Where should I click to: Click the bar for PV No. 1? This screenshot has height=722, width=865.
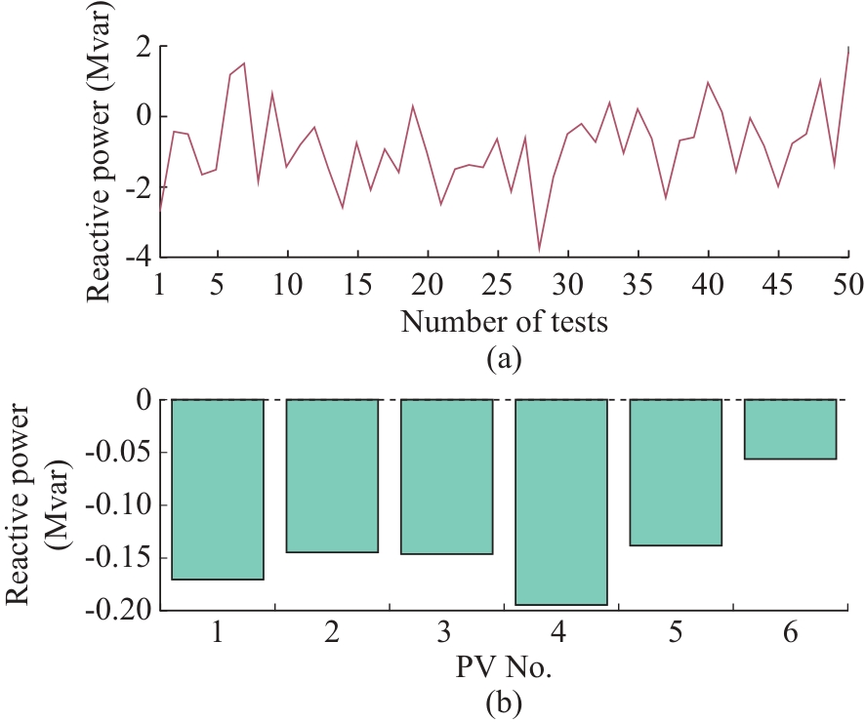tap(218, 489)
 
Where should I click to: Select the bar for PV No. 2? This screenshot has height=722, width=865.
tap(332, 475)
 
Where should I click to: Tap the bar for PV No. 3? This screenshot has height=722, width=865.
tap(446, 476)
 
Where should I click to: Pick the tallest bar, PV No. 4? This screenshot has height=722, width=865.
tap(561, 501)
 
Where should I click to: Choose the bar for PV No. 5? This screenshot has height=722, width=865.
tap(676, 472)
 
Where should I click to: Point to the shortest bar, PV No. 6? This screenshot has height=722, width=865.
tap(791, 429)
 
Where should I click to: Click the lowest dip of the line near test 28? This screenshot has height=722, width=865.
tap(539, 250)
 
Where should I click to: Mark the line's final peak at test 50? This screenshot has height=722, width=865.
tap(847, 48)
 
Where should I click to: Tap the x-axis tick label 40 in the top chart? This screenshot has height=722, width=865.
tap(709, 284)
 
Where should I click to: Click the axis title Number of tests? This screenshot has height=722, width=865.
tap(504, 321)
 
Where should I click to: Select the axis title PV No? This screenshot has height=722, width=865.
tap(504, 670)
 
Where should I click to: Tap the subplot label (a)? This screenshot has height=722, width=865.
tap(504, 357)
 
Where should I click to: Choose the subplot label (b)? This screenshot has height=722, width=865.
tap(504, 702)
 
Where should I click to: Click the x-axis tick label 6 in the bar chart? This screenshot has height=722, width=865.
tap(791, 634)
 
